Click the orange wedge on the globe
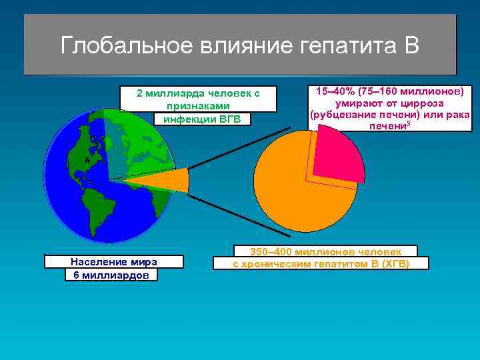[x=160, y=181]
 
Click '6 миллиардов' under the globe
[x=111, y=275]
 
